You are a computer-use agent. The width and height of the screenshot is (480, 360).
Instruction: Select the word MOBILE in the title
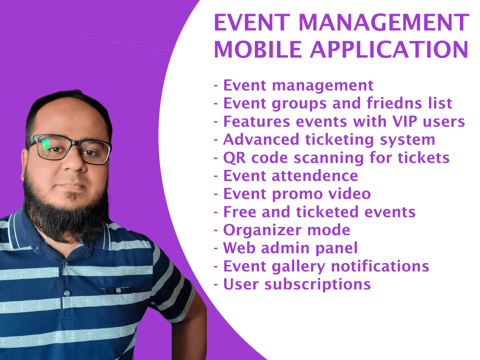tap(258, 50)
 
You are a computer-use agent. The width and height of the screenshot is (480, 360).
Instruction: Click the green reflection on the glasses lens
tap(47, 144)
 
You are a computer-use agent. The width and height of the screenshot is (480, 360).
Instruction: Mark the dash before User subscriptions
tap(216, 285)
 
